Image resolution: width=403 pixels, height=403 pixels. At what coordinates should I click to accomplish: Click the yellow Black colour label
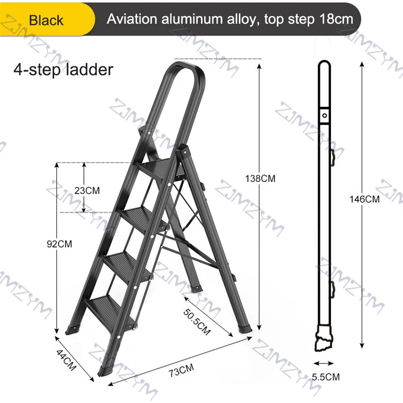pyautogui.click(x=46, y=20)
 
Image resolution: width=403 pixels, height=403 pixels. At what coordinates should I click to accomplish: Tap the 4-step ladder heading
pyautogui.click(x=63, y=69)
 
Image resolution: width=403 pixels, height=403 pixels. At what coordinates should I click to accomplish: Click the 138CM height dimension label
pyautogui.click(x=260, y=178)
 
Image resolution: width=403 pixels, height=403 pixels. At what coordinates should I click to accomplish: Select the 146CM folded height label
pyautogui.click(x=365, y=199)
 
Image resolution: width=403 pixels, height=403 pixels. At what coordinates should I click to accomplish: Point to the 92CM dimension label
pyautogui.click(x=59, y=244)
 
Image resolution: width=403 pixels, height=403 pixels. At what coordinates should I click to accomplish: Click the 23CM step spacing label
pyautogui.click(x=87, y=191)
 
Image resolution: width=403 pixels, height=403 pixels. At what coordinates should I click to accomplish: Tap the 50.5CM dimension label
pyautogui.click(x=197, y=322)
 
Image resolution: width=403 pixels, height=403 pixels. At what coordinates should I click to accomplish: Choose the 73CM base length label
pyautogui.click(x=181, y=370)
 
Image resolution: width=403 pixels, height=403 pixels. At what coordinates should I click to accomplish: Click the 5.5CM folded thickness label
pyautogui.click(x=326, y=377)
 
